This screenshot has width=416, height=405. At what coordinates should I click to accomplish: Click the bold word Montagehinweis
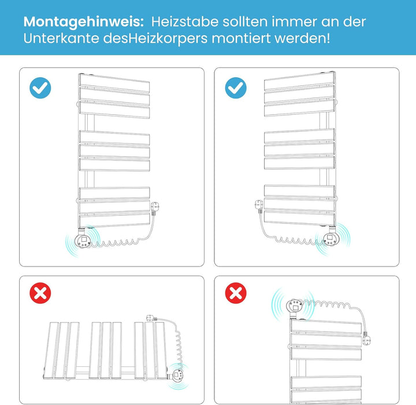tap(84, 22)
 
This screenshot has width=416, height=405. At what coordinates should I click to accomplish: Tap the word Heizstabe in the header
tap(185, 21)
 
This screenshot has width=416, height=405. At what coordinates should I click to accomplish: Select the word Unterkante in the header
tap(61, 38)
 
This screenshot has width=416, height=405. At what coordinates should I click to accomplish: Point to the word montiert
tap(241, 38)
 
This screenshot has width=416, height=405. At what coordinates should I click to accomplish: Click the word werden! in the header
tap(302, 38)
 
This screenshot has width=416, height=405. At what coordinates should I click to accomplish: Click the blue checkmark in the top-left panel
tap(40, 88)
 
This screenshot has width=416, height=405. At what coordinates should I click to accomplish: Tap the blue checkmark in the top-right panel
tap(236, 88)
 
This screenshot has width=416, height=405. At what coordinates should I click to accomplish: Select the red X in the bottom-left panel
tap(40, 293)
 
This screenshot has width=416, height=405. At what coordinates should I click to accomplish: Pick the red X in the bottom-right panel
tap(236, 293)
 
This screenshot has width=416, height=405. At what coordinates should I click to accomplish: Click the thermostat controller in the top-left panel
tap(83, 238)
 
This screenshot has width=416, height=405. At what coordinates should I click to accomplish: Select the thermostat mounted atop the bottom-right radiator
tap(294, 308)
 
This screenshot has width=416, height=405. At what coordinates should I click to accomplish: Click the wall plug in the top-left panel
tap(155, 208)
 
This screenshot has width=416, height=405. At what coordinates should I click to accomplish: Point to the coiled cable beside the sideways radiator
tap(179, 347)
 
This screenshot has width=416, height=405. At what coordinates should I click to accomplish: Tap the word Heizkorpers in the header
tap(169, 39)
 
